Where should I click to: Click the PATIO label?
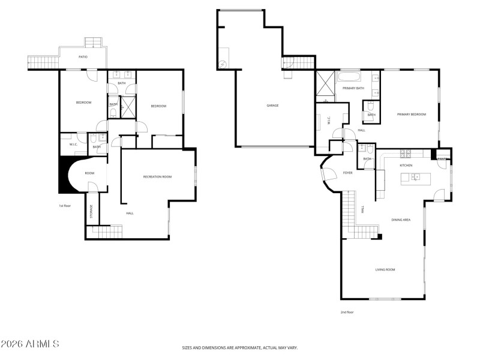tap(83, 57)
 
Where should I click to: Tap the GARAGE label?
tap(273, 106)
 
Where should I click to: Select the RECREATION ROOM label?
tap(157, 176)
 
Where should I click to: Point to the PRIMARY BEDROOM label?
tap(412, 114)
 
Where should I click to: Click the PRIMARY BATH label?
tap(353, 88)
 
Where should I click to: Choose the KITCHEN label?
tap(406, 165)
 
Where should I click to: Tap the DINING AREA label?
tap(401, 220)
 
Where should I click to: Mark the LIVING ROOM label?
tap(385, 269)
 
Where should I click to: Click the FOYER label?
tap(347, 173)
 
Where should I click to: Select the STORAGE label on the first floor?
tap(91, 211)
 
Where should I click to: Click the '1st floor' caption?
tap(65, 206)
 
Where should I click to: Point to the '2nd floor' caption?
tap(347, 312)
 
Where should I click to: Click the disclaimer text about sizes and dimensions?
tap(240, 347)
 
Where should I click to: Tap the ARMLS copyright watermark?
tap(30, 344)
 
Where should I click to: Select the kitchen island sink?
tap(415, 177)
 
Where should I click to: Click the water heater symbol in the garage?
tap(223, 64)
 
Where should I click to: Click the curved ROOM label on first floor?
tap(89, 173)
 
